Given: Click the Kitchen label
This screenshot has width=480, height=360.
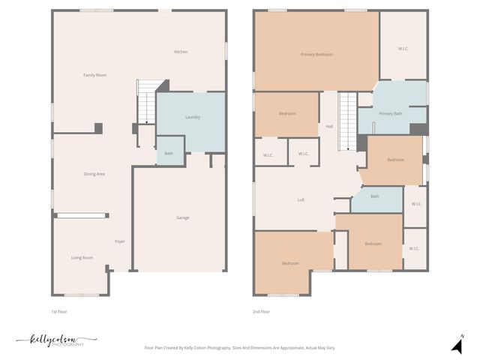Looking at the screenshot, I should (181, 52).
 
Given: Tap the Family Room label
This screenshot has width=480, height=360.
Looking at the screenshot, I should (94, 75).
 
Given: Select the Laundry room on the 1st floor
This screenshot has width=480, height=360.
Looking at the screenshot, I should (192, 117).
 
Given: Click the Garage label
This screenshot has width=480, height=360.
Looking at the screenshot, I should (182, 217).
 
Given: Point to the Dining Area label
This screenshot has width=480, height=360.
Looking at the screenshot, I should (94, 174).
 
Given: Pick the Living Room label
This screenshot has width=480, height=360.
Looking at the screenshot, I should (82, 257).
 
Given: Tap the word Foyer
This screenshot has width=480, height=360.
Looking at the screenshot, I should (119, 241).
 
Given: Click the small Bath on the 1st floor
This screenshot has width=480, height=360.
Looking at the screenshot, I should (169, 153).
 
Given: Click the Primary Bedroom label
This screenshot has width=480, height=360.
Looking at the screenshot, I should (316, 54).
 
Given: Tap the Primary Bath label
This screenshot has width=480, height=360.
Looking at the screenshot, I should (390, 113).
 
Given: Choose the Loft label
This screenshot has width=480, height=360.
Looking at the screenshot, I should (301, 199).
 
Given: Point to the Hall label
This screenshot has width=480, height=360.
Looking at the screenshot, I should (329, 126).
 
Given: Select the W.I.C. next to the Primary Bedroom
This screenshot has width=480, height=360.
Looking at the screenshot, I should (403, 49).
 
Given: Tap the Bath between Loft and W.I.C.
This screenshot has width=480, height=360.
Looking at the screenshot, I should (374, 196).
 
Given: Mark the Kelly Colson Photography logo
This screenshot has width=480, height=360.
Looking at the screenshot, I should (55, 341).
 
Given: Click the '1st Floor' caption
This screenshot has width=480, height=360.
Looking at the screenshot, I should (59, 311).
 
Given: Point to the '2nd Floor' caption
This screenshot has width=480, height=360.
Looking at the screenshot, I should (261, 311).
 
